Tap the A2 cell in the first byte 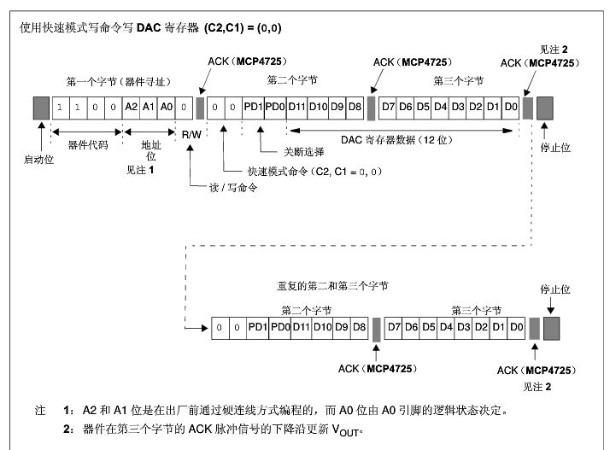[x=131, y=108]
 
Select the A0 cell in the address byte [x=167, y=108]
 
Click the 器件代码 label [x=86, y=144]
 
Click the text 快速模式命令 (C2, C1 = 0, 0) [x=315, y=172]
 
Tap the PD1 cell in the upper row [x=253, y=108]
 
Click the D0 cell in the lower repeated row [x=515, y=327]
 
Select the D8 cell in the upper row [x=355, y=108]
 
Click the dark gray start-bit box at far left [x=40, y=108]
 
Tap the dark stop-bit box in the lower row [x=552, y=327]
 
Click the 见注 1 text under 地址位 [x=139, y=171]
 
